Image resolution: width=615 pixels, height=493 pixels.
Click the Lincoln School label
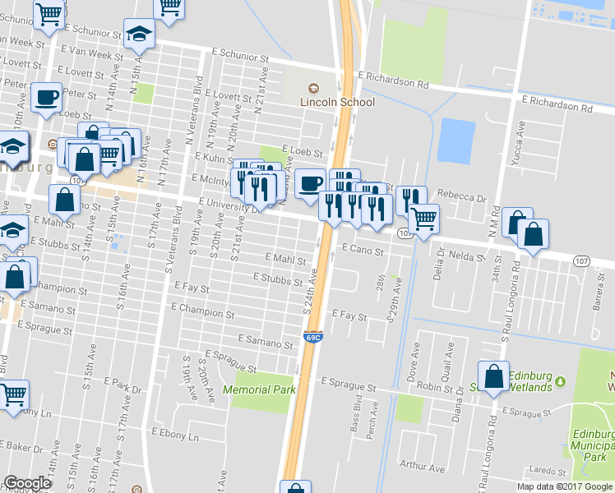point(337,102)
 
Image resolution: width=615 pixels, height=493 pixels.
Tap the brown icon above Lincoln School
point(312,89)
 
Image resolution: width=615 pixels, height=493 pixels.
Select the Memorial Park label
point(259,389)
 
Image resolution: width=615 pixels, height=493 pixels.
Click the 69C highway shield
point(312,337)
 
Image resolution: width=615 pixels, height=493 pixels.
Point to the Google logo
point(28,483)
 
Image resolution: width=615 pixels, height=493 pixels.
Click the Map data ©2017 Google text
point(565,486)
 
